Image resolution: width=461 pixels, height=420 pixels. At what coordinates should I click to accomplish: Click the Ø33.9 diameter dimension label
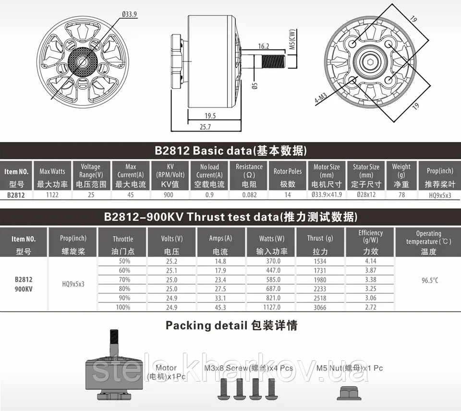(130, 14)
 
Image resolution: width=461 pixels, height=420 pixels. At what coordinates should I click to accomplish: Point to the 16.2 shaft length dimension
(264, 47)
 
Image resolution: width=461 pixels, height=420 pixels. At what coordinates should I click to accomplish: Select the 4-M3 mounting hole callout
(320, 98)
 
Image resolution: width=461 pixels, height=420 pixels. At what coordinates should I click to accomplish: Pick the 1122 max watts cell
(52, 195)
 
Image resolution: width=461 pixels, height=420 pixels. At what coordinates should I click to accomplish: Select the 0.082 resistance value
(249, 195)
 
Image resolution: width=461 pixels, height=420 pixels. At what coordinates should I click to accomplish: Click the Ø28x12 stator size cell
(366, 195)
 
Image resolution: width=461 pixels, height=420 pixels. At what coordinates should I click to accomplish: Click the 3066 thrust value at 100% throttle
(320, 307)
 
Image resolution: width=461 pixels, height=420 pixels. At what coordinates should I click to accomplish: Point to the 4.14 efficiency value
(370, 261)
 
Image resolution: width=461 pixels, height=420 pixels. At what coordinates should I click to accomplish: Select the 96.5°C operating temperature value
(430, 280)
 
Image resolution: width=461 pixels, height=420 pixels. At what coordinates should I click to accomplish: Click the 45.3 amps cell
(220, 307)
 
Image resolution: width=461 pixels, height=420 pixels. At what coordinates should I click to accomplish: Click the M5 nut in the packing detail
(350, 393)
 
